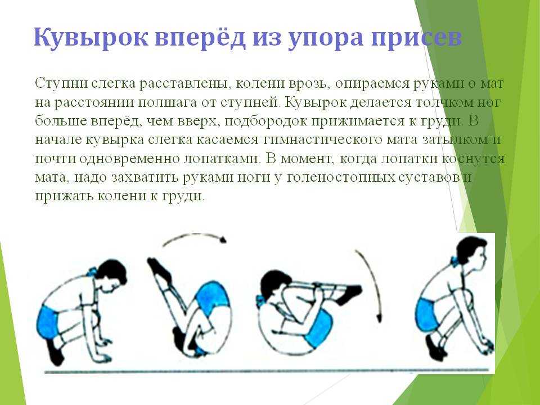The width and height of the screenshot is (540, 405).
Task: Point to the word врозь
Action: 309,84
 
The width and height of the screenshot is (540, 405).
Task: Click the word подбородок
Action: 268,121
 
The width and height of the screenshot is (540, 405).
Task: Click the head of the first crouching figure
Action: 111,274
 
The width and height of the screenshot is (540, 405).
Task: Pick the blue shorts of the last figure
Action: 426,316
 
